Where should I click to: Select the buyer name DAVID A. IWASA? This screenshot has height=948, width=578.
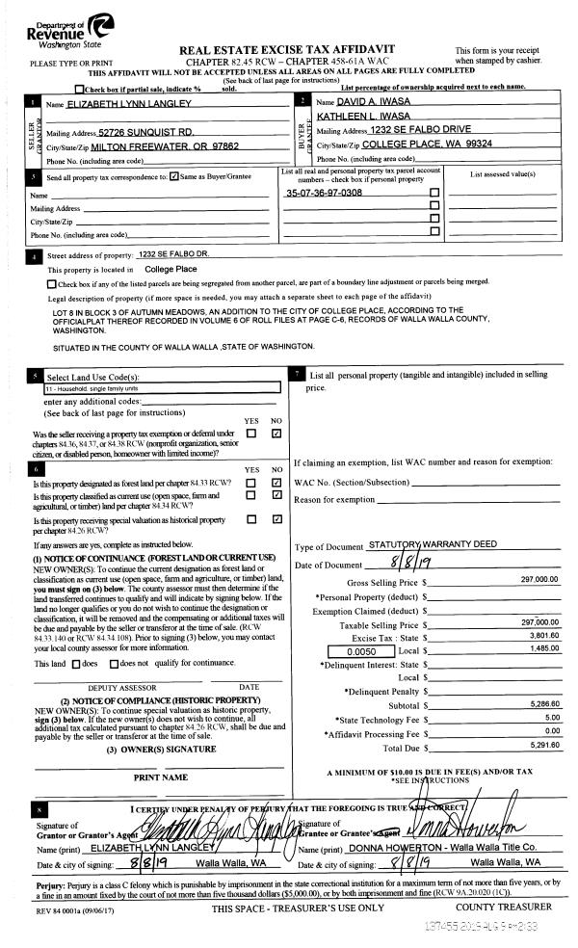375,101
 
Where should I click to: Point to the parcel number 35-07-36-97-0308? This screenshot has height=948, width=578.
325,194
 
